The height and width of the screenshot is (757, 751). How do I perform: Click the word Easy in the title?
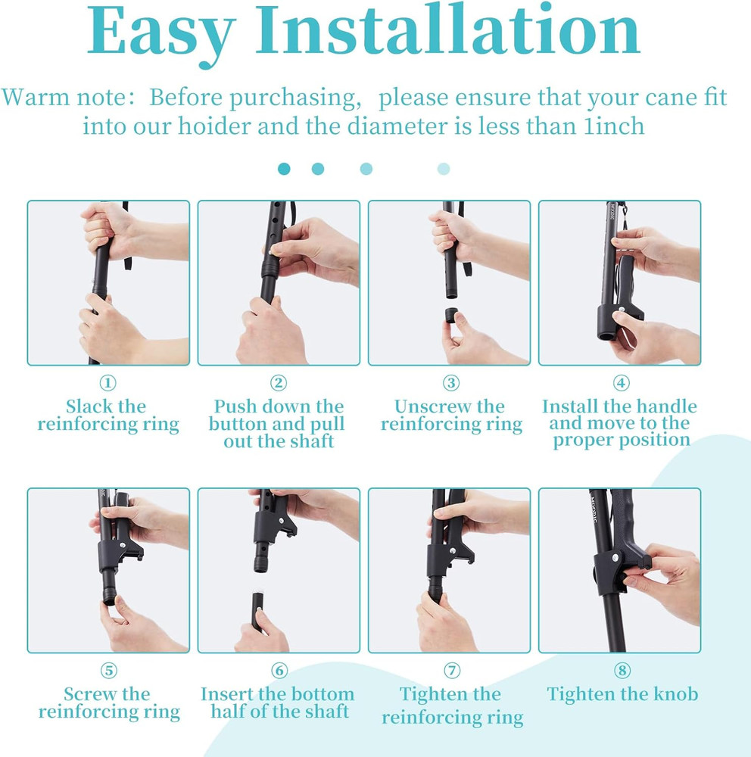tap(161, 34)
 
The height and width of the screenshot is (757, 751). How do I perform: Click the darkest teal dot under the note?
tap(284, 169)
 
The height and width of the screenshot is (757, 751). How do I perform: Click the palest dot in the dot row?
tap(444, 169)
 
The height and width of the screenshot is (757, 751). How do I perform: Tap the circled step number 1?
tap(108, 383)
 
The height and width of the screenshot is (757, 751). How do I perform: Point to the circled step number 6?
tap(279, 671)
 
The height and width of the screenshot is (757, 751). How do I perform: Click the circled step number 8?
tap(622, 671)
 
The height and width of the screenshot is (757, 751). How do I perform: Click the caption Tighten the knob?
tap(622, 694)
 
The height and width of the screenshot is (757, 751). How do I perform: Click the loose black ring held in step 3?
tap(453, 314)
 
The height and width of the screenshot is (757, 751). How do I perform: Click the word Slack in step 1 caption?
tap(85, 407)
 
